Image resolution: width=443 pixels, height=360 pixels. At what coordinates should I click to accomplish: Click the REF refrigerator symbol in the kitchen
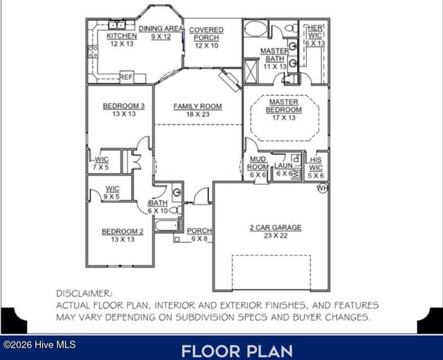click(126, 77)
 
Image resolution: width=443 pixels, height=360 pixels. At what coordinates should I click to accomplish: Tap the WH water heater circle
click(323, 188)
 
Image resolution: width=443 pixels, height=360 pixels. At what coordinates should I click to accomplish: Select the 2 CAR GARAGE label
click(276, 228)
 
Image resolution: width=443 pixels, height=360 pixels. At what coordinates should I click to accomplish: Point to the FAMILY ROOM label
click(198, 106)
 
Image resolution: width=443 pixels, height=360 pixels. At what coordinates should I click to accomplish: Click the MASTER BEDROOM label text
click(284, 106)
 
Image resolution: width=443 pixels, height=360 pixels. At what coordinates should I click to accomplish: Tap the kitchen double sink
click(117, 25)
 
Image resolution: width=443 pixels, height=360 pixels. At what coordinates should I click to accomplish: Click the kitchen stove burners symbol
click(93, 52)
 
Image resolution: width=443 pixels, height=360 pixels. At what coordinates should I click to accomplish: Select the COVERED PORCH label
click(206, 34)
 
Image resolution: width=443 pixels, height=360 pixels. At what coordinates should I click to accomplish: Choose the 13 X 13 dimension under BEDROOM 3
click(123, 114)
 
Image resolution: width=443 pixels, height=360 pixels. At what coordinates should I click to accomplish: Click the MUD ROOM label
click(258, 163)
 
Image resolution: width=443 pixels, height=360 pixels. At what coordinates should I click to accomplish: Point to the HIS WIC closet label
click(316, 164)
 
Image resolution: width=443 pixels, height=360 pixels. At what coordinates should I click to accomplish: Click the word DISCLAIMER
click(84, 293)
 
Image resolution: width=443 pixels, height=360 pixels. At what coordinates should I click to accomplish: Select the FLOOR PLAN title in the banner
click(237, 351)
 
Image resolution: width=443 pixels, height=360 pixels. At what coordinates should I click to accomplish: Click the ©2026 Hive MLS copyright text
click(39, 344)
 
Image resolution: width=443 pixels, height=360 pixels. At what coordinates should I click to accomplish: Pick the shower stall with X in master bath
click(250, 71)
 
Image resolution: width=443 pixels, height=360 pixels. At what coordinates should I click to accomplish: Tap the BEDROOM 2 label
click(122, 231)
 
